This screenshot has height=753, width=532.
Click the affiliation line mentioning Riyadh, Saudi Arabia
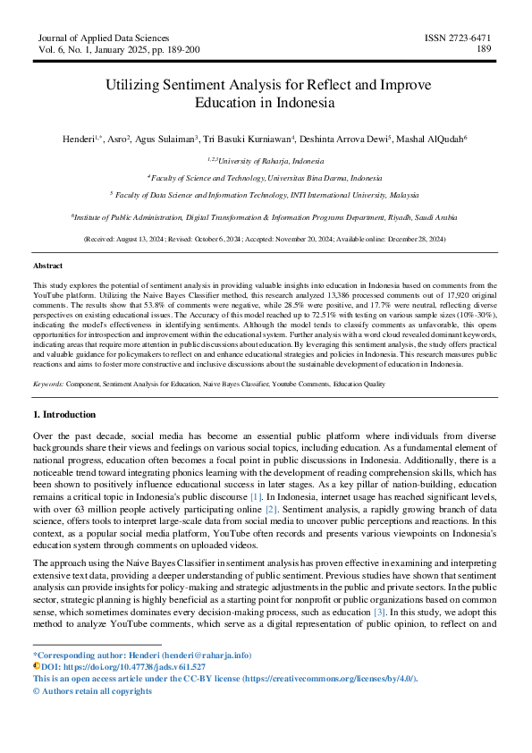[x=265, y=216]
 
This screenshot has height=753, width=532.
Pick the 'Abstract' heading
[x=48, y=267]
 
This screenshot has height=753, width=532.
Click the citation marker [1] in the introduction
[x=256, y=495]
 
